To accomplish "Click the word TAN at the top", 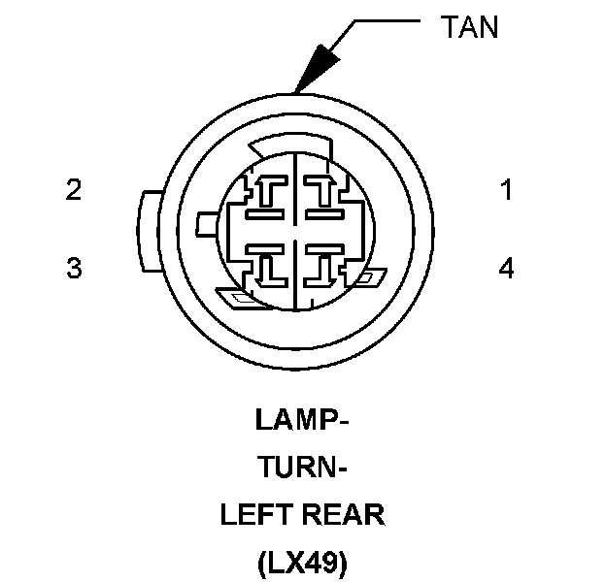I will click(x=469, y=26).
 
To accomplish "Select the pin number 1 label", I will click(x=505, y=190).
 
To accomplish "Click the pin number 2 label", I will click(x=74, y=190).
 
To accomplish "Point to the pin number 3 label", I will click(x=74, y=268).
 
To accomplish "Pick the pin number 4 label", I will click(x=505, y=268).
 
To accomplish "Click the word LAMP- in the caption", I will click(x=302, y=421).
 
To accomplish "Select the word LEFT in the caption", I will click(x=255, y=515).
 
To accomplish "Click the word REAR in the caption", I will click(x=344, y=515).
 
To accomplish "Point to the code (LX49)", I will click(x=302, y=563).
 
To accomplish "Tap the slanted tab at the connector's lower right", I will click(x=367, y=279).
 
